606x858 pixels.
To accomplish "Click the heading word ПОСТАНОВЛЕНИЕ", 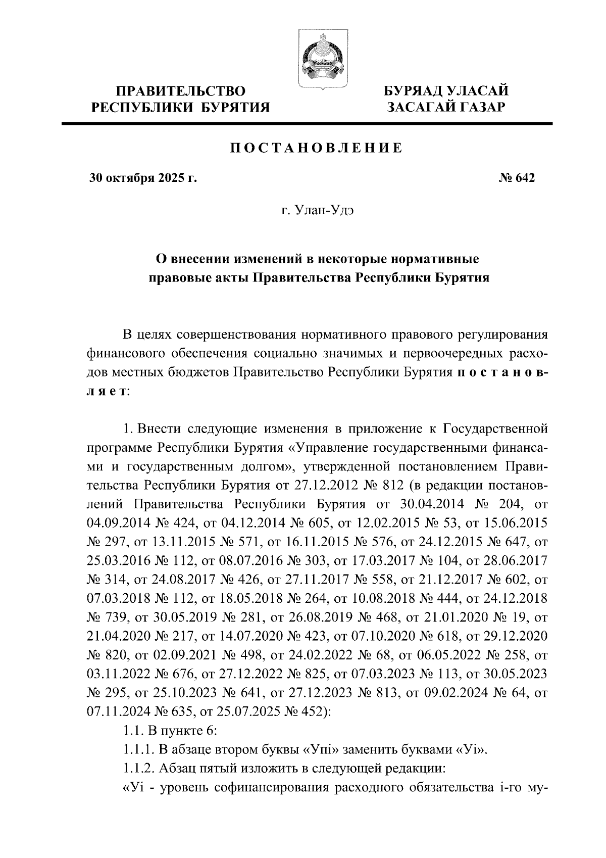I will coord(317,148).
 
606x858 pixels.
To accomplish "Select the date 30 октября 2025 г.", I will coord(142,178).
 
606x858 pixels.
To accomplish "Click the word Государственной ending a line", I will coord(495,430).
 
